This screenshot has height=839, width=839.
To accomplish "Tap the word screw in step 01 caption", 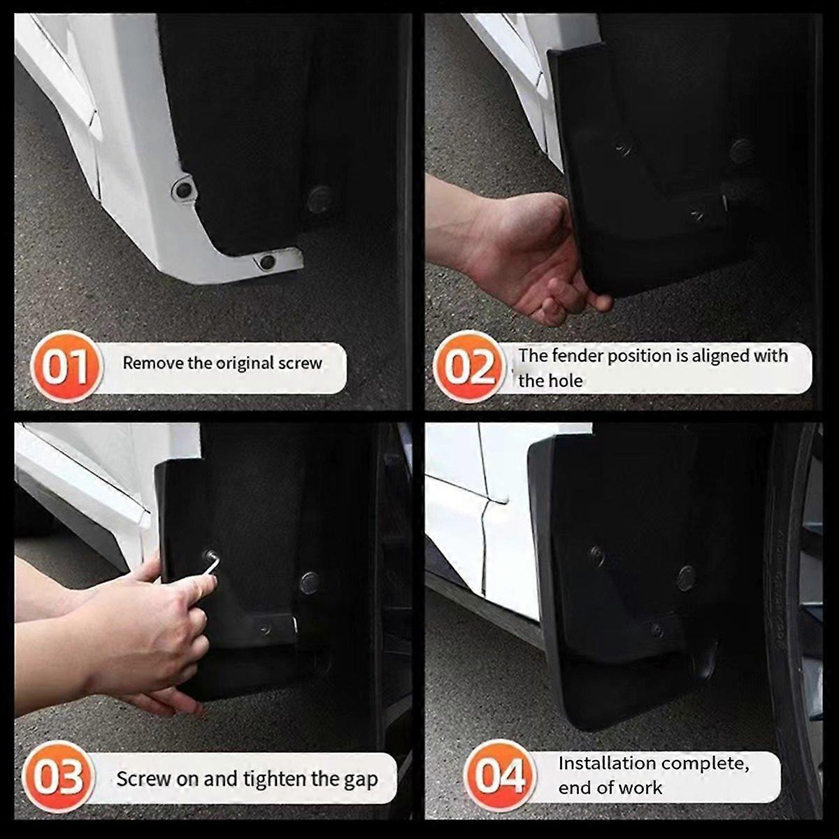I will coord(300,363).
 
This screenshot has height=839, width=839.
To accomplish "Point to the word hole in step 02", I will coord(566,381).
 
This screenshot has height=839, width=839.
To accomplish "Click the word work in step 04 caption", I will coord(639,788).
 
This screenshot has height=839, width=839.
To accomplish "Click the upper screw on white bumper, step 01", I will coord(183,189).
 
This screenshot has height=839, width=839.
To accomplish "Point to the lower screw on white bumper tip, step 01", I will coord(267,262).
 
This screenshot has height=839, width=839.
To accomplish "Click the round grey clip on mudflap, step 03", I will coord(310,582).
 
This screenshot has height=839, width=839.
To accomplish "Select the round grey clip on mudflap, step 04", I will coord(686,578).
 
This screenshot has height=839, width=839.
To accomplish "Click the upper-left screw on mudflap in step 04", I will coord(597,555).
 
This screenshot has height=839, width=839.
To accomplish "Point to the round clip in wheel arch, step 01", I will coord(319,199).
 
